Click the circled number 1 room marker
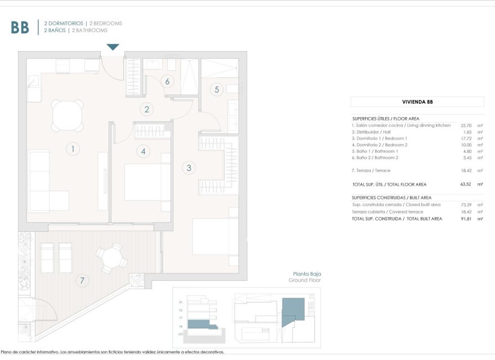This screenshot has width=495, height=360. tap(72, 149)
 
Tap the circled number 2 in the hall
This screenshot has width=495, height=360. tap(147, 110)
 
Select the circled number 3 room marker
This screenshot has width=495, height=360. tap(189, 167)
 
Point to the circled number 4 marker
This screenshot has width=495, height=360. tap(143, 151)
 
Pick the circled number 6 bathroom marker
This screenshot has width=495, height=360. tap(167, 81)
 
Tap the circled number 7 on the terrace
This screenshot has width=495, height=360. tap(83, 280)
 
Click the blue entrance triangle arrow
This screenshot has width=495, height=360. tap(113, 47)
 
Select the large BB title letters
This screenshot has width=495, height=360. tap(20, 27)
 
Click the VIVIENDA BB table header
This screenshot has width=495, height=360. tap(417, 102)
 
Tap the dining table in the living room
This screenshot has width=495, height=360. tap(67, 115)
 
